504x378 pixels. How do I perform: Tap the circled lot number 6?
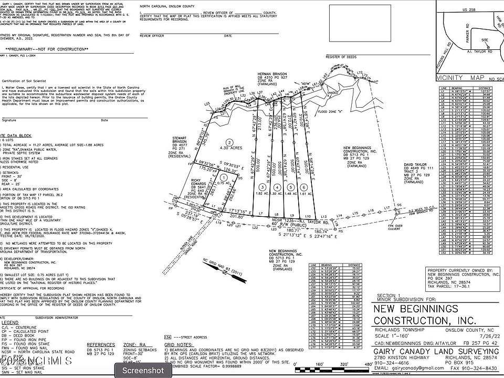(303, 187)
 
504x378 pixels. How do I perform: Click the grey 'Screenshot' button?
(143, 370)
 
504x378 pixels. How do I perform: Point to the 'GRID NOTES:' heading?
(177, 346)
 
